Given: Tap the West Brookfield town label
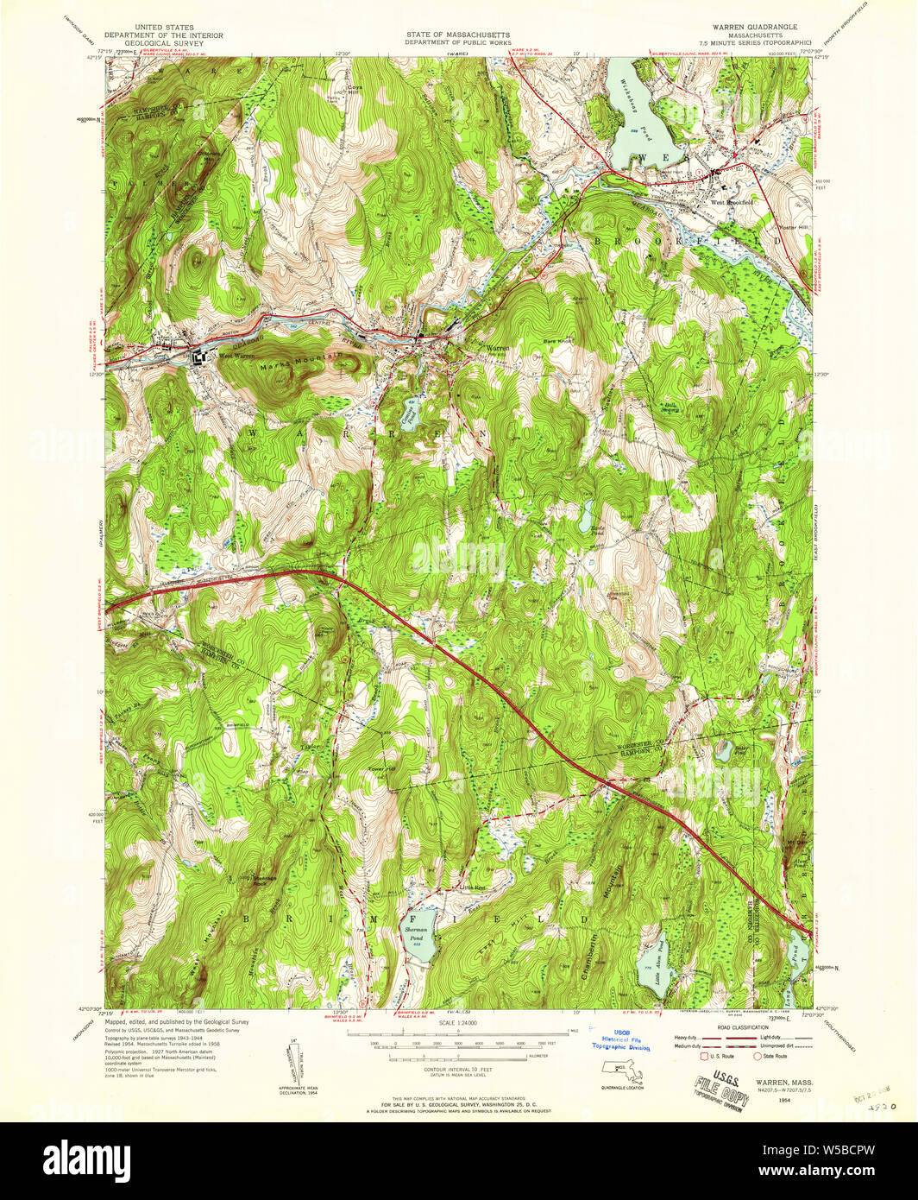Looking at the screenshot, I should coord(726,203).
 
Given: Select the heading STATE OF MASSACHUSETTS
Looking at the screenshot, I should coord(458,35).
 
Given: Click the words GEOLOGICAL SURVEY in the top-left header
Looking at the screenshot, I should coord(164,43).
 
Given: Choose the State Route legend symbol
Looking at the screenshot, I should coord(758,1055).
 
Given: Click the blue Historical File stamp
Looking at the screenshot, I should coord(620,1040).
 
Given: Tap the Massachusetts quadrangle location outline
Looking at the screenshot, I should coord(620,1074).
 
